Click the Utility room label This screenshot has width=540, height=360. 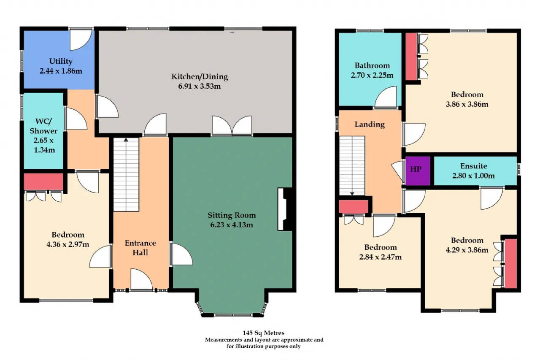click(x=61, y=61)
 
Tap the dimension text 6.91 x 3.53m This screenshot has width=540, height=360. click(x=200, y=86)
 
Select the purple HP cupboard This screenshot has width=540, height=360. click(x=418, y=171)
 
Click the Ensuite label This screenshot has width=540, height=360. click(x=473, y=166)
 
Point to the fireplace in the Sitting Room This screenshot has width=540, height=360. click(x=285, y=209)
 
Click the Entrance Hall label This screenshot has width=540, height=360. click(x=140, y=248)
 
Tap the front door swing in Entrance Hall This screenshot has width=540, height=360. click(x=141, y=279)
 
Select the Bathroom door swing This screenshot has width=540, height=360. click(x=386, y=97)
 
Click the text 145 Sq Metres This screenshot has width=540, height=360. click(x=264, y=333)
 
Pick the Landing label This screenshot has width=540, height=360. click(x=370, y=124)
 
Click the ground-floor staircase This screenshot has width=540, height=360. click(x=126, y=175)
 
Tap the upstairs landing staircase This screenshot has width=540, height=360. click(x=352, y=166)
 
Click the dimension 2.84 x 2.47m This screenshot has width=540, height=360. click(x=381, y=257)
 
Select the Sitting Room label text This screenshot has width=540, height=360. click(x=232, y=215)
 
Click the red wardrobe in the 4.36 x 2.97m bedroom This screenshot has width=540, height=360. click(x=43, y=181)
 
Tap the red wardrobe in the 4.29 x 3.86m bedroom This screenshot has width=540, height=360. click(x=510, y=263)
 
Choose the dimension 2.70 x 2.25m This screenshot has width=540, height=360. click(x=372, y=75)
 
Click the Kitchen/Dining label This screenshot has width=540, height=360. click(x=200, y=76)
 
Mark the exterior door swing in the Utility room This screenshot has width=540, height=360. click(x=81, y=40)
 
